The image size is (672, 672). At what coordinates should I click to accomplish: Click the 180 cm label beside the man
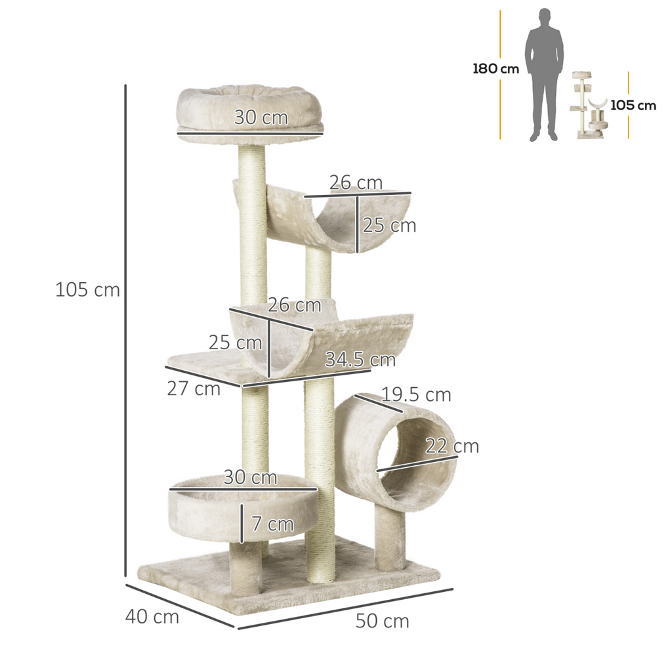pos(495,69)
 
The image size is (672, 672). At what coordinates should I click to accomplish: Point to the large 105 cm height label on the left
pos(88,289)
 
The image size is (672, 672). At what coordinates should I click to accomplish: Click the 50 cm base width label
pos(382,621)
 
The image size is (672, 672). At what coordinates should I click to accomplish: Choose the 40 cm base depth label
pos(152,617)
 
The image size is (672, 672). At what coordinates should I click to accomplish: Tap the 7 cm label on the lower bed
pos(272,524)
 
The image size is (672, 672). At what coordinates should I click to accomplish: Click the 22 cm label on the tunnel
pos(451,446)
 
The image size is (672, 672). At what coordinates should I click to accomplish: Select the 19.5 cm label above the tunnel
pos(416,394)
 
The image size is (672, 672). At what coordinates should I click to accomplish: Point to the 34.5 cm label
pos(360,360)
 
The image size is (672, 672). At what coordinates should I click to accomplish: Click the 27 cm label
pos(194,388)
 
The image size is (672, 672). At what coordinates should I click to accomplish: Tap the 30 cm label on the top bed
pos(261,117)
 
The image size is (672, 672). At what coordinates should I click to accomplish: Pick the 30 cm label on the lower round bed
pos(250,477)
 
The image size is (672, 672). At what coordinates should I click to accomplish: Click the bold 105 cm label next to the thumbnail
pos(633,105)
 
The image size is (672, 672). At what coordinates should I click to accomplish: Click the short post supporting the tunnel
pos(390,538)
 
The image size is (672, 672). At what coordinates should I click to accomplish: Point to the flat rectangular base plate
pos(289,584)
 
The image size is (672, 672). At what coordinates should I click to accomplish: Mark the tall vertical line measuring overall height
pos(125,328)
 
